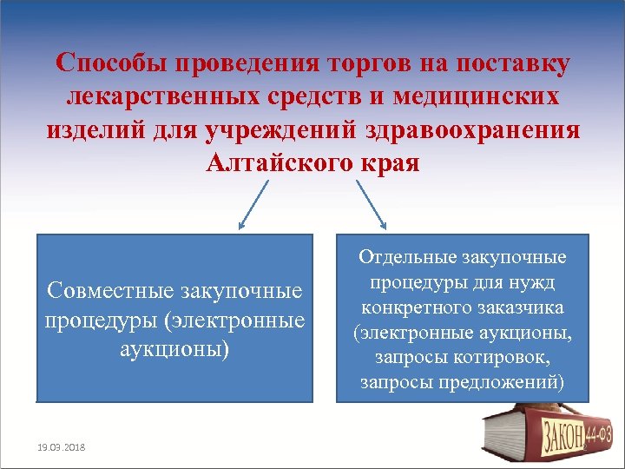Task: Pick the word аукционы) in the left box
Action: click(175, 347)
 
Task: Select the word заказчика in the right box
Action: click(525, 307)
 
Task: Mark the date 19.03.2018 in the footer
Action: click(62, 446)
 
